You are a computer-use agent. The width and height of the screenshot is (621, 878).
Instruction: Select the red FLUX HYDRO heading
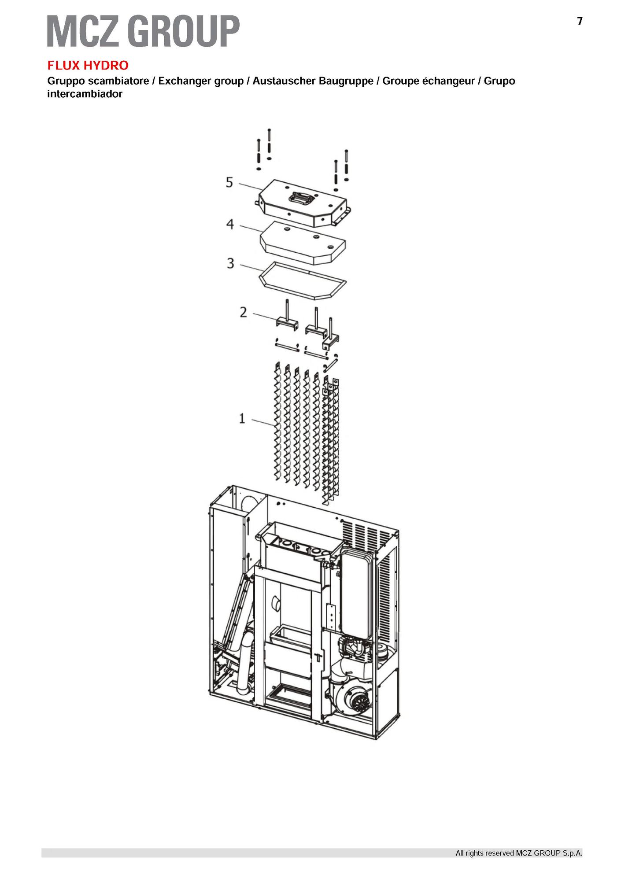[x=88, y=66]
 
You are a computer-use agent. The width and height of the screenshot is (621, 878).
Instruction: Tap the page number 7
[x=580, y=21]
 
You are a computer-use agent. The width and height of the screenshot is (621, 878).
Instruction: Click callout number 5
[x=229, y=182]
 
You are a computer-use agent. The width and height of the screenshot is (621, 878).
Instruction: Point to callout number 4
[x=230, y=224]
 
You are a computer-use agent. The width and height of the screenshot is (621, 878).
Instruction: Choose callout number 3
[x=230, y=263]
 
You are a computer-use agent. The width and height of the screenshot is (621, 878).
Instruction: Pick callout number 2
[x=244, y=312]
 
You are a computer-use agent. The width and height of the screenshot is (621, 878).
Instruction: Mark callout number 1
[x=242, y=418]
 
